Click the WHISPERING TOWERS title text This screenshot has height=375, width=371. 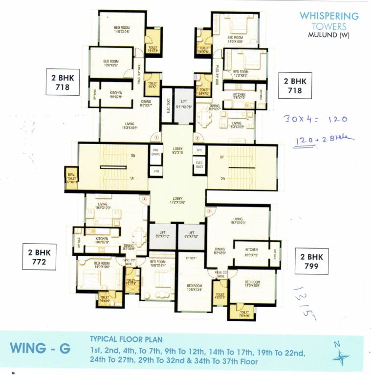point(329,21)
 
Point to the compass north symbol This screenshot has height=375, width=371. point(340,355)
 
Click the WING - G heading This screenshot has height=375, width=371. point(40,348)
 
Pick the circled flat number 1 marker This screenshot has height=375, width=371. point(153,138)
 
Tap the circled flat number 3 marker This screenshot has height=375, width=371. point(209,211)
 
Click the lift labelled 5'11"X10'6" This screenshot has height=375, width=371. point(184,105)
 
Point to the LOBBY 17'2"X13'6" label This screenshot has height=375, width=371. point(177,200)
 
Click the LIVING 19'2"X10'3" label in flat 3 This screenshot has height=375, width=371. point(238,221)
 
